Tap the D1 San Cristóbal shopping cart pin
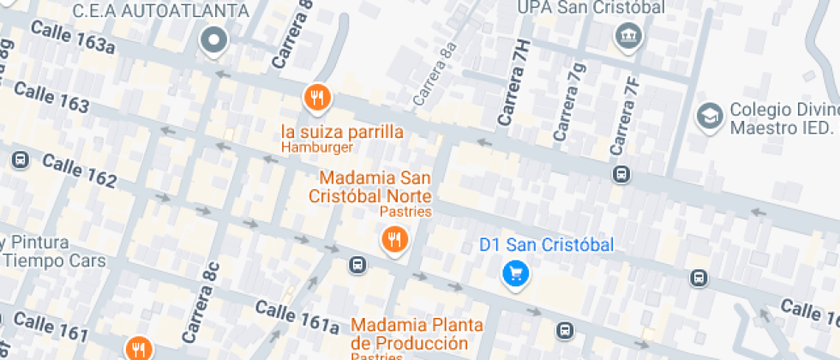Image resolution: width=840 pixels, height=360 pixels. [x=515, y=273]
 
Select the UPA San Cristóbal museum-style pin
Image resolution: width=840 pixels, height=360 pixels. [x=629, y=36]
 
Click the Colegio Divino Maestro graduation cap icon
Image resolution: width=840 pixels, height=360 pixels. [x=709, y=116]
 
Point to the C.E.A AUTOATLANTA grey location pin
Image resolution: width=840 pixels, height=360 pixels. [x=213, y=39]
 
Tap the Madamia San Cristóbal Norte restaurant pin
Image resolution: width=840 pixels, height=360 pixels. [x=394, y=239]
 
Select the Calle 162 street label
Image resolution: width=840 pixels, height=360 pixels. [x=79, y=171]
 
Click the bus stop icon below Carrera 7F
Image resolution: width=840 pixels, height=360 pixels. [x=621, y=174]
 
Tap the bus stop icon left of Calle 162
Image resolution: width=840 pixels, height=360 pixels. [x=20, y=159]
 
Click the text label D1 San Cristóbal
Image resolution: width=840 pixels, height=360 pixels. [x=546, y=245]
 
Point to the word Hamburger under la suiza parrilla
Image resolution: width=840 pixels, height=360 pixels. [x=317, y=147]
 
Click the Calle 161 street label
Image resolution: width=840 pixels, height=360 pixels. [x=51, y=326]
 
